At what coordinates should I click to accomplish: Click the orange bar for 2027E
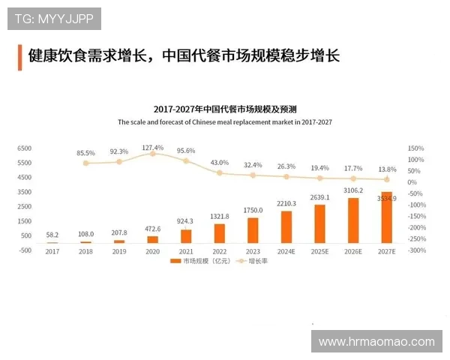pos(386,218)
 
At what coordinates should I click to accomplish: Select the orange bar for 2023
pos(253,230)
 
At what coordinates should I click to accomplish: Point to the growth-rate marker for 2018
pos(85,163)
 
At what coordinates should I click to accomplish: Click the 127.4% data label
pos(152,147)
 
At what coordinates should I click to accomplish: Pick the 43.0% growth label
pos(219,163)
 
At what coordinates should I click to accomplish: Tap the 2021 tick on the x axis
pos(186,251)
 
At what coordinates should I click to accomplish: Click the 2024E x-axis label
pos(286,251)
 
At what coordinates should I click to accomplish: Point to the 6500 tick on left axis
pos(24,148)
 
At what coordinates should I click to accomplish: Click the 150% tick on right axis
pos(416,148)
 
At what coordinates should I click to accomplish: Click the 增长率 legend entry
pos(253,262)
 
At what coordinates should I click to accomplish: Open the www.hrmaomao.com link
pos(376,341)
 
